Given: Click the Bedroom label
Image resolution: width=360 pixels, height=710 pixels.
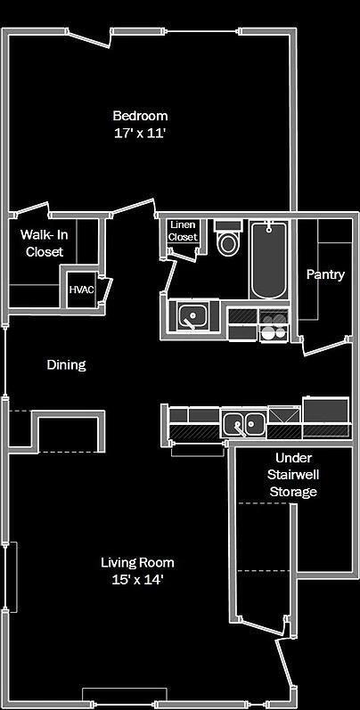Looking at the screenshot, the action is tap(140, 116).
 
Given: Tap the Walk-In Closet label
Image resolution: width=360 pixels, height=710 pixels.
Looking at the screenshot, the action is tap(45, 243).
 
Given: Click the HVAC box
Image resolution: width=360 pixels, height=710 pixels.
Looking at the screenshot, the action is tap(81, 290).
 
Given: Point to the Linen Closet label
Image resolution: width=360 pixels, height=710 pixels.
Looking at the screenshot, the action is tap(183, 231).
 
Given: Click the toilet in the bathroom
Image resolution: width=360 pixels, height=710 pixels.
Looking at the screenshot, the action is tap(229, 239).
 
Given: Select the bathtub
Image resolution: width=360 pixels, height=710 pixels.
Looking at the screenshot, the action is tap(268, 260).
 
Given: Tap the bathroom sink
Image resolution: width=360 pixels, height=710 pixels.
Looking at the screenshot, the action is tap(192, 314).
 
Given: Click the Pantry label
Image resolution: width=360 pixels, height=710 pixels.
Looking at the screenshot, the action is tap(325, 274).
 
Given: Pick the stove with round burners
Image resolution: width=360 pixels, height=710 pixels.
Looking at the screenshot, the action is tap(274, 325).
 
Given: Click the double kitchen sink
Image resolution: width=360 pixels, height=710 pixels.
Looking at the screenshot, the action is tap(243, 424).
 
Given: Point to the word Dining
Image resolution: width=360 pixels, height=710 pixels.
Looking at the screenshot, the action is tap(66, 365).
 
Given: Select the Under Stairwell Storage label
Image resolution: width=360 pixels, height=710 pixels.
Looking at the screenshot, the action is tap(293, 475).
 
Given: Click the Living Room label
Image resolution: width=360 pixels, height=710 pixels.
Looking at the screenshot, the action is tap(137, 563).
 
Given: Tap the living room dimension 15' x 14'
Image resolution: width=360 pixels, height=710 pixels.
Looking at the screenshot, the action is tap(137, 580).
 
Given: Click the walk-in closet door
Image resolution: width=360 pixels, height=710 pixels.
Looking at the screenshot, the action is tap(32, 208).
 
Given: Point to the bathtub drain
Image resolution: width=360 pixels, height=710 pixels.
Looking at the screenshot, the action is tap(268, 230).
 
